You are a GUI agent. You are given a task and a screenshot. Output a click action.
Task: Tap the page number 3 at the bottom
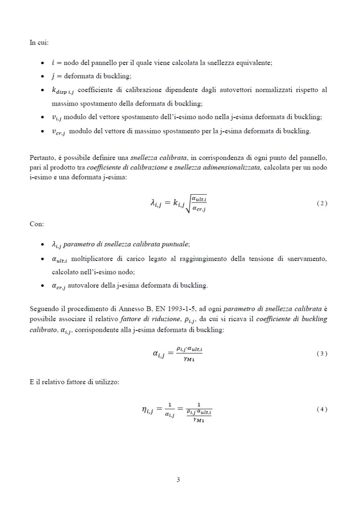pyautogui.click(x=178, y=480)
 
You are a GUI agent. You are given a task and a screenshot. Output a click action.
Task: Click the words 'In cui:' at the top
pyautogui.click(x=39, y=42)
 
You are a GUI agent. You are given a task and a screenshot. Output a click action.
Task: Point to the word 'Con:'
pyautogui.click(x=37, y=224)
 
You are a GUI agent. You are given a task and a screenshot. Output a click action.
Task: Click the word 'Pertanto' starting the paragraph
pyautogui.click(x=41, y=158)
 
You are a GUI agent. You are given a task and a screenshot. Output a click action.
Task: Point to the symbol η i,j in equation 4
pyautogui.click(x=145, y=409)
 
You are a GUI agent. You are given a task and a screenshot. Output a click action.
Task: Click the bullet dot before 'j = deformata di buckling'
pyautogui.click(x=43, y=77)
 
